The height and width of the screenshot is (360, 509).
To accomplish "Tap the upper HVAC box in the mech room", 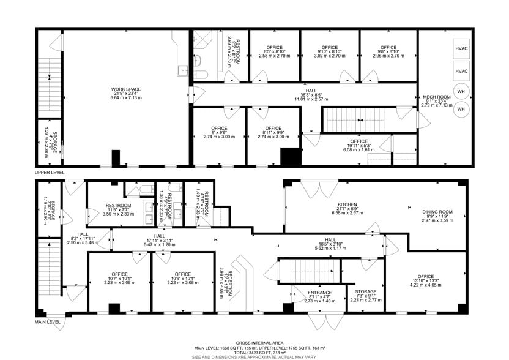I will (x=461, y=48).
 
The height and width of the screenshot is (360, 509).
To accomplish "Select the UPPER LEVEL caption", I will (x=50, y=173).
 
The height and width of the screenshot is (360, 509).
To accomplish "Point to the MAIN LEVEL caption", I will (x=48, y=321).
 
